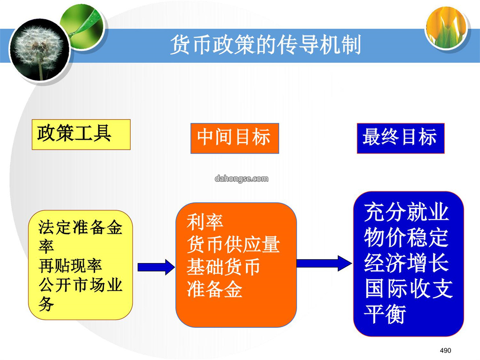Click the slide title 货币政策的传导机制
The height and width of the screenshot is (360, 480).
coord(265,45)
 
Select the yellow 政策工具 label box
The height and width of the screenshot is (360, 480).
coord(81,134)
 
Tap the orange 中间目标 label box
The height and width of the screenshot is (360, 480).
coord(235,138)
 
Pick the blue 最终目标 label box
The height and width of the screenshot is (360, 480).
coord(400,138)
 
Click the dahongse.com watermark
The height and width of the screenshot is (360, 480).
coord(241,179)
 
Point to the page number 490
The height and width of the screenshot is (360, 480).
coord(445,350)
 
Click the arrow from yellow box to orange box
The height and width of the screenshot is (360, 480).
coord(156,267)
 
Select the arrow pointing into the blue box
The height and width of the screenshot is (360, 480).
coord(324,263)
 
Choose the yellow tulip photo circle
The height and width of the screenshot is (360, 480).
coord(447,27)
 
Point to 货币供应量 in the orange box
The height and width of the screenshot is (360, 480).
coord(233,244)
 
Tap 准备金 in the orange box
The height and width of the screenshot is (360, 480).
coord(214,289)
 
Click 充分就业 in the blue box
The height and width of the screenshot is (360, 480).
coord(407,212)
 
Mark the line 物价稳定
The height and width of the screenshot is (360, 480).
coord(407,237)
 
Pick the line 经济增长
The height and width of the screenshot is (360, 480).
coord(407,263)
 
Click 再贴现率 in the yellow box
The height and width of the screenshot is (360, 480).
coord(70,265)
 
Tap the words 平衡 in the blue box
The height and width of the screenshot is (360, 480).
coord(385,314)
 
